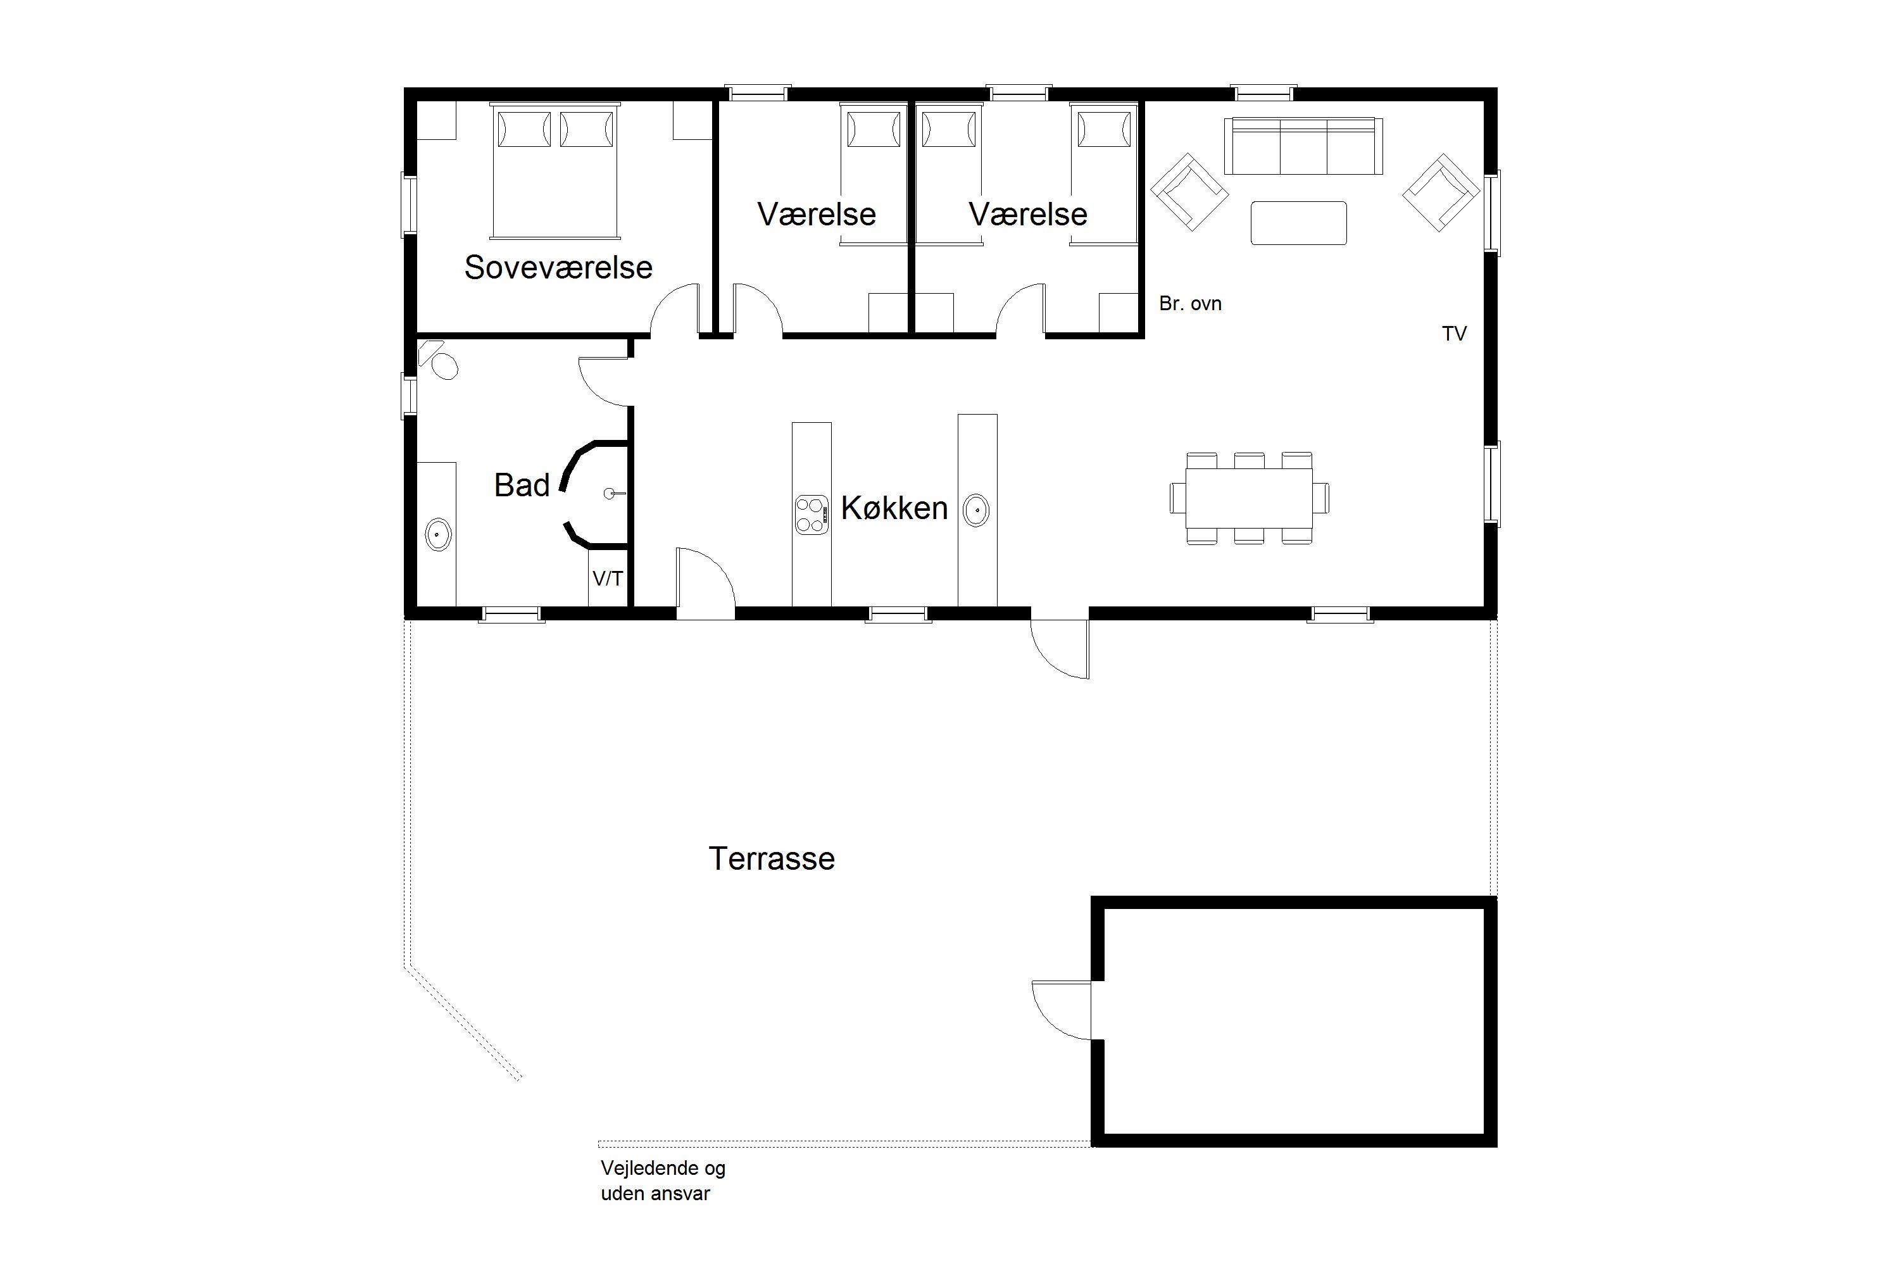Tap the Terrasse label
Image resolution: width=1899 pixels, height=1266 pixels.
point(771,858)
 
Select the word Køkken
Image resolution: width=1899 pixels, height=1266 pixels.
point(894,508)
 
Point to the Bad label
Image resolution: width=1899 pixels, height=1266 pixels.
point(522,486)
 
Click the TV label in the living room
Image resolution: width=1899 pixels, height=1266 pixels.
point(1454,334)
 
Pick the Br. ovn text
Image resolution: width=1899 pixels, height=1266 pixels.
point(1190,304)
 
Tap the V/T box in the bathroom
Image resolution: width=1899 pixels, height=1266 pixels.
point(608,578)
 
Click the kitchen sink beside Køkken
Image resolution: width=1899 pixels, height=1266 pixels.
point(976,510)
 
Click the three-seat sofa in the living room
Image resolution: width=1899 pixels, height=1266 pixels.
point(1303,146)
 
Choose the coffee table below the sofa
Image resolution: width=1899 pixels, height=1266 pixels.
point(1298,223)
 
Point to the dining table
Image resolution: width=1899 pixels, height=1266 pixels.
point(1249,498)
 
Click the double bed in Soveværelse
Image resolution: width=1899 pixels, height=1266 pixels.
point(555,170)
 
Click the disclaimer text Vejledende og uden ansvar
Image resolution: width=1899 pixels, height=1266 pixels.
point(663,1181)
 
